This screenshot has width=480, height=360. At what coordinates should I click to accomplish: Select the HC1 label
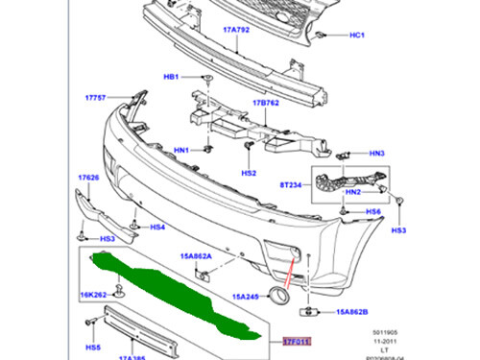tap(358, 36)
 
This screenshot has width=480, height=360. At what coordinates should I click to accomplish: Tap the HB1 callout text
tap(172, 76)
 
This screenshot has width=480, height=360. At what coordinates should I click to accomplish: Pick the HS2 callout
tap(249, 173)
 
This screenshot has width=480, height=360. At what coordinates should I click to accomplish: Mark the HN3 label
tap(376, 154)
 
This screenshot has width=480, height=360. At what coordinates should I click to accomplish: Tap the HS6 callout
tap(373, 212)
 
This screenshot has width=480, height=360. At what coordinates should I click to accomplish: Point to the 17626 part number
tap(89, 178)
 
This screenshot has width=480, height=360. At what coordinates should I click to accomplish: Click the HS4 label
tap(157, 228)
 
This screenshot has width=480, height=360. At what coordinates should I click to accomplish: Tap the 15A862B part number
tap(350, 313)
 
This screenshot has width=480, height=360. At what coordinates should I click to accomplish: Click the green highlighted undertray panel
tap(182, 289)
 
